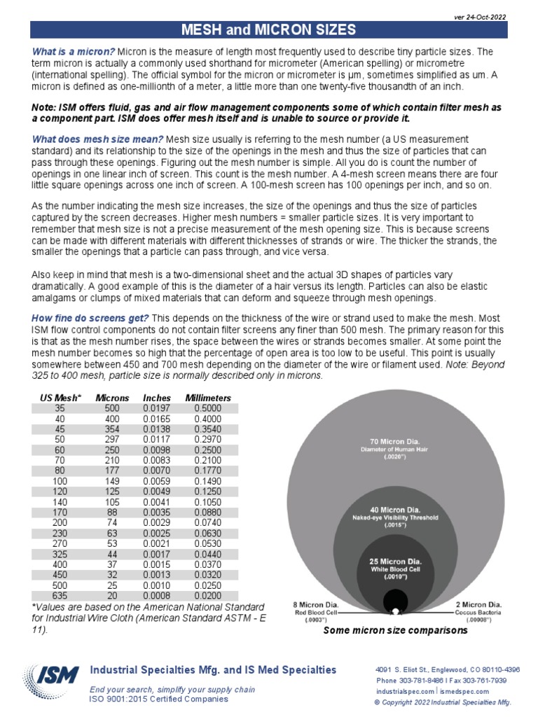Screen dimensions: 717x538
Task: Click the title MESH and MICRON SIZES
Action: (x=269, y=29)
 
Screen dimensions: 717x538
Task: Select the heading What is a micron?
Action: (x=74, y=52)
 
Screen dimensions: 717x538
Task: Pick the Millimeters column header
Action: (x=207, y=398)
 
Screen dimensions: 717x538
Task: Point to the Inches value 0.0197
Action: (x=156, y=408)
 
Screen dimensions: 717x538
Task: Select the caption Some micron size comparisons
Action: (x=395, y=631)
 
